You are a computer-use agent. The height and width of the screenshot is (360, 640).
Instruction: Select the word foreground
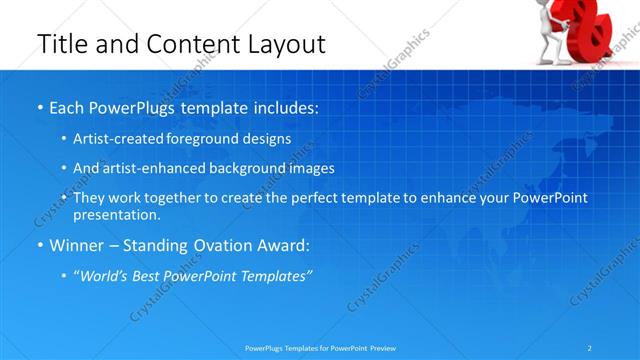[x=206, y=140]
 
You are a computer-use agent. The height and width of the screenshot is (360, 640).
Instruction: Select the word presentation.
[x=116, y=215]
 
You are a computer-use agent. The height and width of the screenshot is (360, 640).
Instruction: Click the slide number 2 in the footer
[x=590, y=348]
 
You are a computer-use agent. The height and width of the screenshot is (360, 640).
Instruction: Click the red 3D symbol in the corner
[x=592, y=30]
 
